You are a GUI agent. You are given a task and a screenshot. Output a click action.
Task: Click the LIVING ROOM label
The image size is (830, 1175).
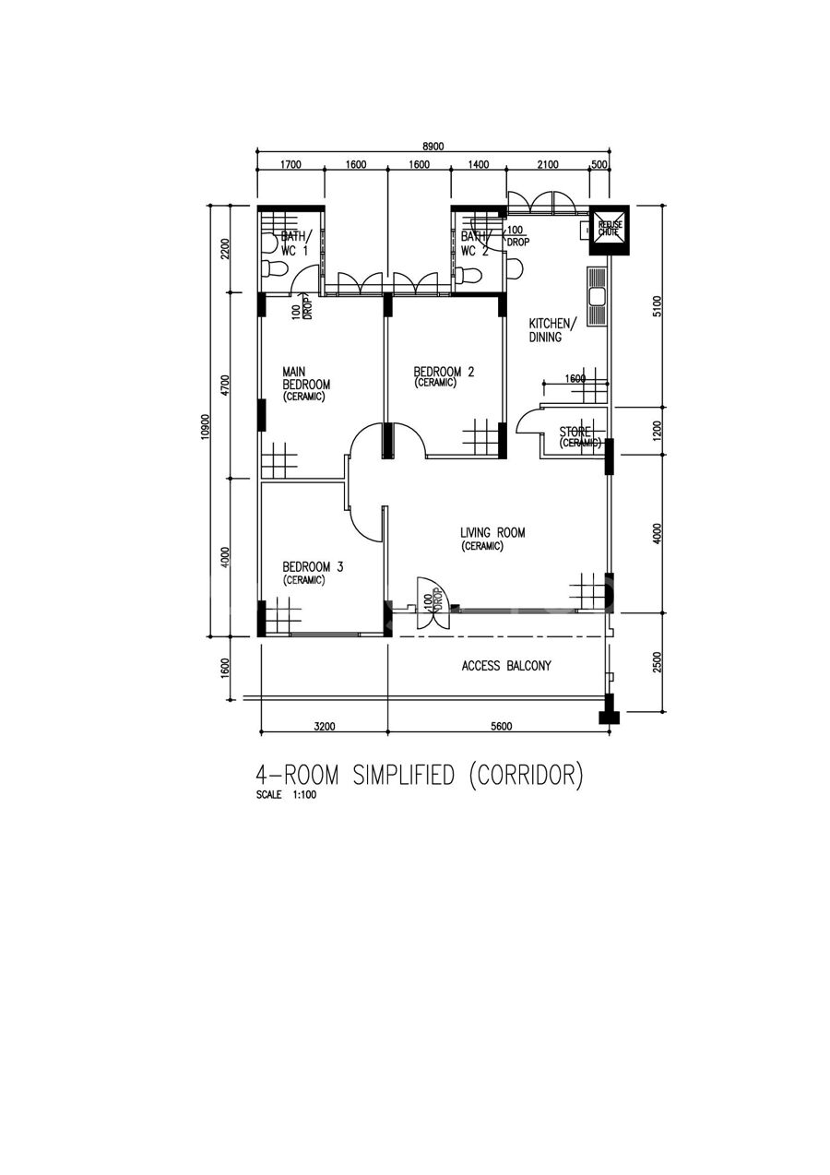492,532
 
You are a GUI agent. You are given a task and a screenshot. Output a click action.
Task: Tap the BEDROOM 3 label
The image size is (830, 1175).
313,566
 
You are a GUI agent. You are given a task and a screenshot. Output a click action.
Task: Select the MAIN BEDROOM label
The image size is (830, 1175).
306,378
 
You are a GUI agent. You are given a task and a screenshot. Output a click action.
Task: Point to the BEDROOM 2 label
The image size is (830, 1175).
444,372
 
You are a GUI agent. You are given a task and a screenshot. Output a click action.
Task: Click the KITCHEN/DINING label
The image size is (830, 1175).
551,330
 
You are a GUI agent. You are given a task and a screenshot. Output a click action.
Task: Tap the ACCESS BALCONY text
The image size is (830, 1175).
506,666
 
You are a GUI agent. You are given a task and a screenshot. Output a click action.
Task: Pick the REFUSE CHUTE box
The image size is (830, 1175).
609,230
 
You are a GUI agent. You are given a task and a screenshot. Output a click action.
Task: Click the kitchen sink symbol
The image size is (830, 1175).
597,296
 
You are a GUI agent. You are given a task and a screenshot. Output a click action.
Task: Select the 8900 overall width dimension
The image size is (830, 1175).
433,147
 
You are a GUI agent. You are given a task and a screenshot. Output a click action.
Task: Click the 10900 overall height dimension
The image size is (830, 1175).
205,427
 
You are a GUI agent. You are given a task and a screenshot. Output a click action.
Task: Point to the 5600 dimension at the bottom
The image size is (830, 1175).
502,727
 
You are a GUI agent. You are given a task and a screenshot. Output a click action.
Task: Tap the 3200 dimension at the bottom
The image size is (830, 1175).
325,727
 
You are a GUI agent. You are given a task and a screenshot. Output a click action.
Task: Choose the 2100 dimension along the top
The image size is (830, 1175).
548,165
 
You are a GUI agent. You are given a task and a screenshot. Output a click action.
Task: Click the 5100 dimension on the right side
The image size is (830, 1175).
658,306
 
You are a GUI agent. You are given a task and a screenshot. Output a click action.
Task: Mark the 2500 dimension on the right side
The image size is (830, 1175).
658,662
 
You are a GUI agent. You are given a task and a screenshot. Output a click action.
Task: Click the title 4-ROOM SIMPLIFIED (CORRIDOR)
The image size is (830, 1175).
420,776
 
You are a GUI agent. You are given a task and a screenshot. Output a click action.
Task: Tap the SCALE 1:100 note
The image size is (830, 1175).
286,794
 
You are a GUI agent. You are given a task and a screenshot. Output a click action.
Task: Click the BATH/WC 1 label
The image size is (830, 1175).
296,243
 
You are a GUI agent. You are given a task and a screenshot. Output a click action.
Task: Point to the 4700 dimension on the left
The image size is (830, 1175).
225,386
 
